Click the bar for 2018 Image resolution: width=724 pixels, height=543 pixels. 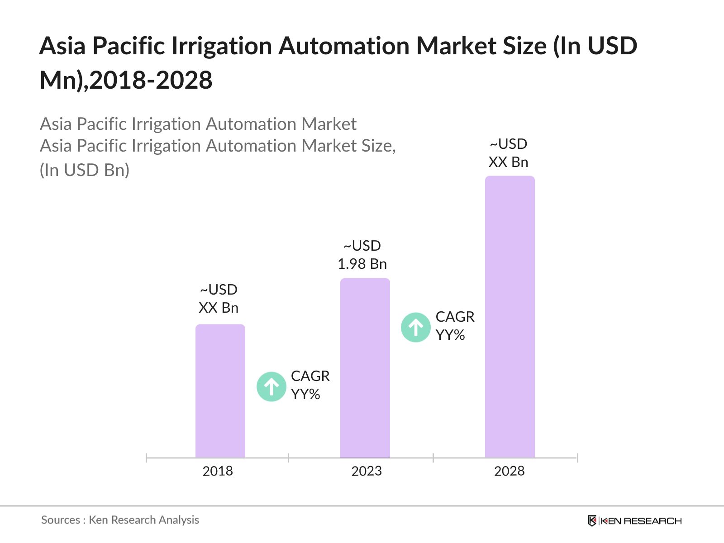(220, 391)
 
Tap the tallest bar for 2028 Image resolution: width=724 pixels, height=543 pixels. (510, 317)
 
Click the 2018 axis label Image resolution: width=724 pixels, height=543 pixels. (218, 471)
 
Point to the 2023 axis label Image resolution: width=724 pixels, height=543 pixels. (367, 471)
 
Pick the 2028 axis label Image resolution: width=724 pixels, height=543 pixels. (509, 471)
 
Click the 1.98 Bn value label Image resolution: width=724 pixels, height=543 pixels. (362, 264)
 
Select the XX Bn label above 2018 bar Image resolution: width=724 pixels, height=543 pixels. (219, 308)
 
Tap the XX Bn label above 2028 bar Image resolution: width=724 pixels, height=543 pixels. (508, 162)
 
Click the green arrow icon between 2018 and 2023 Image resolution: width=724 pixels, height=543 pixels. (271, 386)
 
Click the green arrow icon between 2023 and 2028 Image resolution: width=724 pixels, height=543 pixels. (416, 327)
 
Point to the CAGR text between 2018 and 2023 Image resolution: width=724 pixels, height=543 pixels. (310, 376)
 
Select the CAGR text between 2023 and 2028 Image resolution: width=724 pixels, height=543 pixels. (455, 317)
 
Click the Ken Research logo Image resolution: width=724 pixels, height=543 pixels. (634, 521)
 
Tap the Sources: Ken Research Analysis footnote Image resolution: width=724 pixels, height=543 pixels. (120, 520)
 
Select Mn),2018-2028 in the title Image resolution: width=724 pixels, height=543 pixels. (126, 81)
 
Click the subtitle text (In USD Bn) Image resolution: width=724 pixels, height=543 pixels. (85, 170)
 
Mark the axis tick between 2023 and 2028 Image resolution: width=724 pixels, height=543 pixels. (433, 458)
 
